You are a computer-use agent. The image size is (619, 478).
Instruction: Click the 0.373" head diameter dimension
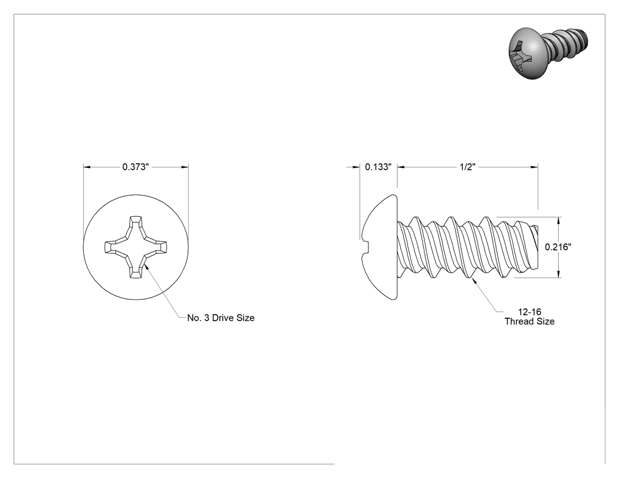pos(136,167)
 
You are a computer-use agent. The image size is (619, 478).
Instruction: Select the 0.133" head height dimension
pos(378,167)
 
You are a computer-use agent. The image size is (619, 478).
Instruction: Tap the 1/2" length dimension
pos(467,167)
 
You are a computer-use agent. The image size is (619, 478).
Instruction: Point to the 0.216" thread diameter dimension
pos(558,247)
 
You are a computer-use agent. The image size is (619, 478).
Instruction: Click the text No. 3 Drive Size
pos(220,318)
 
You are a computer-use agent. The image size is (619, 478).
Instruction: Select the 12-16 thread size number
pos(529,312)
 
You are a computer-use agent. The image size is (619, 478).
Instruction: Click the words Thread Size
pos(529,321)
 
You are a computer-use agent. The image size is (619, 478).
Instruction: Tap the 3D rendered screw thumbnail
pos(548,52)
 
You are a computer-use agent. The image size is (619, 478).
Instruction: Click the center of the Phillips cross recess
pos(136,247)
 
